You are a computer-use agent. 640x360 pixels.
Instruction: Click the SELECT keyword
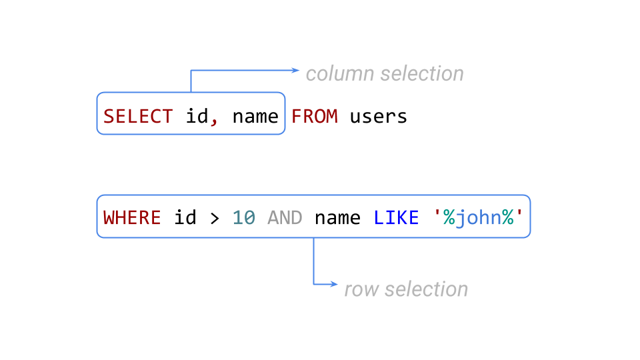tap(138, 117)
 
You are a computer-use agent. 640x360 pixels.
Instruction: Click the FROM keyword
tap(315, 117)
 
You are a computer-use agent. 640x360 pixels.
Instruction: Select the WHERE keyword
tap(132, 218)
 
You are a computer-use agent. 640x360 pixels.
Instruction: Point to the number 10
tap(244, 218)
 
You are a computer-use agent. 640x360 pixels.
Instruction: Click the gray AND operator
tap(285, 218)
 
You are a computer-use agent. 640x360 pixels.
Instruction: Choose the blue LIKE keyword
tap(396, 218)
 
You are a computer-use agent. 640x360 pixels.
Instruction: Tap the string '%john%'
tap(479, 218)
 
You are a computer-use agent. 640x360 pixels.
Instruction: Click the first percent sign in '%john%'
tap(449, 218)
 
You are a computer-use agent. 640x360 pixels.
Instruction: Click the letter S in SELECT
tap(109, 117)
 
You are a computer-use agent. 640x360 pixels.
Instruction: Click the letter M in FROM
tap(332, 117)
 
